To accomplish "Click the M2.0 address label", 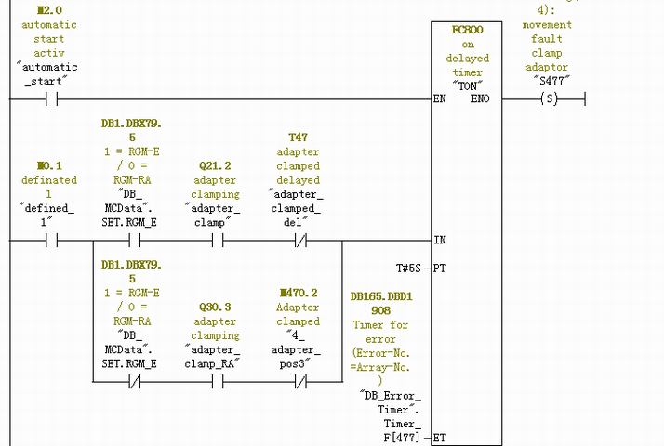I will coord(49,10).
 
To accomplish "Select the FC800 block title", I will coord(467,30).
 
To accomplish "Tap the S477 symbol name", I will coord(553,81).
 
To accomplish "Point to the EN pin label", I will coord(440,98).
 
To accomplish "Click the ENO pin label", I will coord(480,98).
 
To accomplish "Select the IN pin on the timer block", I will coord(440,240).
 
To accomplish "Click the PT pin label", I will coord(440,268).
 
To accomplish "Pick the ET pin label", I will coord(440,437).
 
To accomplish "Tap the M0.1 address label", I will coord(49,165).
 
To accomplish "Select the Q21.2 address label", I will coord(215,165).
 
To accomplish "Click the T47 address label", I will coord(298,137).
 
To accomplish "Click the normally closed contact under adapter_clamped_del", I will coord(298,240).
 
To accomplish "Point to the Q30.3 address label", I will coord(215,307).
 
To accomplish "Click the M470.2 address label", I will coord(298,293).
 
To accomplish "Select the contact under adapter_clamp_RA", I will coord(215,381).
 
